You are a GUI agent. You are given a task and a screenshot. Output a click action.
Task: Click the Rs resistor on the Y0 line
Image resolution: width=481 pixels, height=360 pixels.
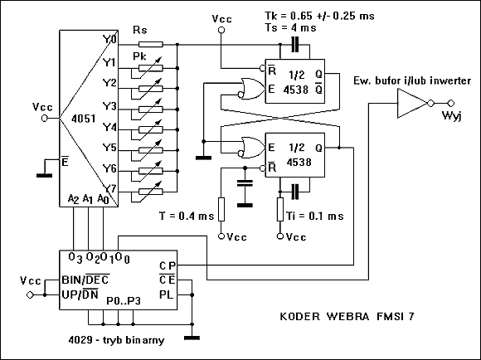(x=151, y=45)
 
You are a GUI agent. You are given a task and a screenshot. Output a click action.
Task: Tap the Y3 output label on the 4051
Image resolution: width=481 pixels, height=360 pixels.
(x=109, y=106)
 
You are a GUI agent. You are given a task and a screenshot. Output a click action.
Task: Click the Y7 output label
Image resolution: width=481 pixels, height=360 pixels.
(x=109, y=187)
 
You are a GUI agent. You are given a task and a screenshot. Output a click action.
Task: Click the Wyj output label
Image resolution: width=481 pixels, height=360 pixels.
(x=451, y=115)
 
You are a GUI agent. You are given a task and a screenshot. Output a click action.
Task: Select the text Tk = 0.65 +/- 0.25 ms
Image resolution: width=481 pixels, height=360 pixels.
(x=319, y=16)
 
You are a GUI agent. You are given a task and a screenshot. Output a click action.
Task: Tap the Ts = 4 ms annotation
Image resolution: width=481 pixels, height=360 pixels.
(x=290, y=27)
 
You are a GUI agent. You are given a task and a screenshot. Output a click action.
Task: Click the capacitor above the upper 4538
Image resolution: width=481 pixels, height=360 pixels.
(x=294, y=45)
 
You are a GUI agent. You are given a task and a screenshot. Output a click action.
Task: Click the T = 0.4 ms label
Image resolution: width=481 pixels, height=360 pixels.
(x=187, y=216)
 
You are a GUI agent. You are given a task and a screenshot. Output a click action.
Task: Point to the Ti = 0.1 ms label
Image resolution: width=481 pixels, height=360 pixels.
(x=315, y=216)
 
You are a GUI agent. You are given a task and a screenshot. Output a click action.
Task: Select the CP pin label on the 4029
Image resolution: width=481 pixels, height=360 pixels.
(x=168, y=265)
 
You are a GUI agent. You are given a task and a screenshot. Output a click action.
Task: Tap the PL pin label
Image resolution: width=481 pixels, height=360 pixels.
(x=167, y=294)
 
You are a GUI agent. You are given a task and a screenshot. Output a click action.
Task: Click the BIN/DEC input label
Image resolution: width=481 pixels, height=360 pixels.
(x=85, y=280)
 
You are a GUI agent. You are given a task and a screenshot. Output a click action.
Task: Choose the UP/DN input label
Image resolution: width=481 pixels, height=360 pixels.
(x=80, y=294)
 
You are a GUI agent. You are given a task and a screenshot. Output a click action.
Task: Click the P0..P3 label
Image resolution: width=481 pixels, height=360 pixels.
(x=124, y=301)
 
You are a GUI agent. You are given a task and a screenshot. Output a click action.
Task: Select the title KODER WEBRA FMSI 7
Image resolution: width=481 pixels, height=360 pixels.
(x=347, y=316)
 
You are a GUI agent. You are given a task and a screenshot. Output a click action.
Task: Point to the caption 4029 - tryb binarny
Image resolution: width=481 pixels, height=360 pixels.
(x=116, y=340)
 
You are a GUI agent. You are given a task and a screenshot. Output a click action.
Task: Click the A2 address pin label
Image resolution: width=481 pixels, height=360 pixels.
(x=73, y=199)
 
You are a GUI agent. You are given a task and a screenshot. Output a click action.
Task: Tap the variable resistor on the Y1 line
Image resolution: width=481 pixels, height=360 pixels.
(x=151, y=68)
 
